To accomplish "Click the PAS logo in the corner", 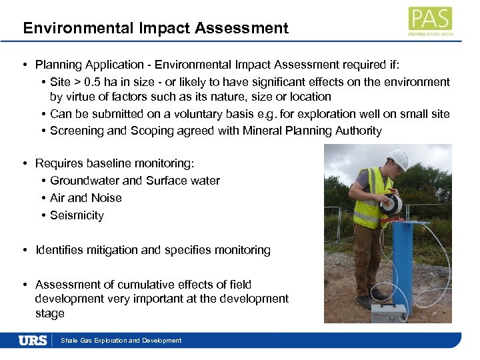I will [x=430, y=21].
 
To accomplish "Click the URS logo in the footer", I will [x=33, y=340].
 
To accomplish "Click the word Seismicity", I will [x=77, y=215].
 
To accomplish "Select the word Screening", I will [x=77, y=131].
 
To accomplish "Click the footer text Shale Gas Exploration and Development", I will [x=121, y=341].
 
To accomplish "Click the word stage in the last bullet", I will [x=50, y=313].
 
